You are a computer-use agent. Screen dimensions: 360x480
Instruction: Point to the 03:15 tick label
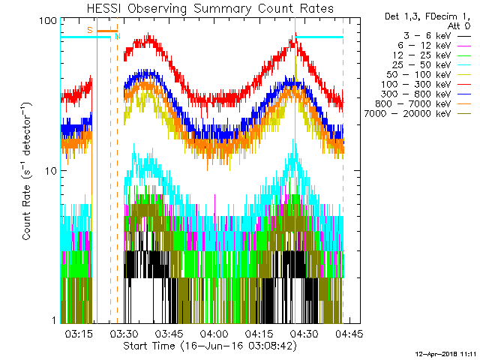pos(79,333)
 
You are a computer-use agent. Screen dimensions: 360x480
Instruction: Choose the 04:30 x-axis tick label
pos(304,333)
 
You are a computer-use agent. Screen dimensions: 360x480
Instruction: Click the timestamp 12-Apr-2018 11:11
pos(447,352)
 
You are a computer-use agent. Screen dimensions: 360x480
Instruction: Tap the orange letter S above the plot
pos(89,30)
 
